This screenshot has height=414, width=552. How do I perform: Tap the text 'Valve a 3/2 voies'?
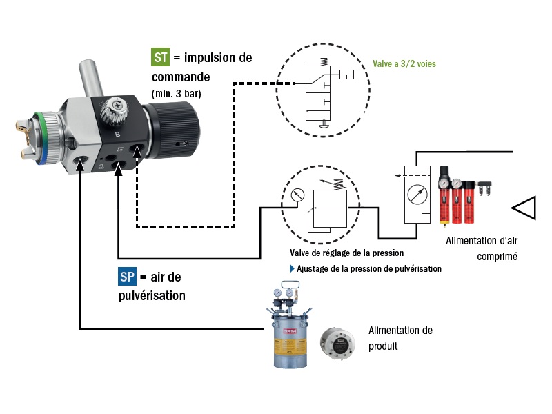pyautogui.click(x=404, y=63)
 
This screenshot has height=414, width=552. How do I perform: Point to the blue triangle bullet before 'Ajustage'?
pyautogui.click(x=292, y=268)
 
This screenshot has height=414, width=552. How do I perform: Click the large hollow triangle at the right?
pyautogui.click(x=524, y=207)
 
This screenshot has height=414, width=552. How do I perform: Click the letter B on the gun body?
pyautogui.click(x=117, y=135)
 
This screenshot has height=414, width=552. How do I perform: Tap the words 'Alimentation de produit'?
pyautogui.click(x=400, y=337)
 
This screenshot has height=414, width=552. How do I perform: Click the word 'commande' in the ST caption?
pyautogui.click(x=180, y=75)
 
